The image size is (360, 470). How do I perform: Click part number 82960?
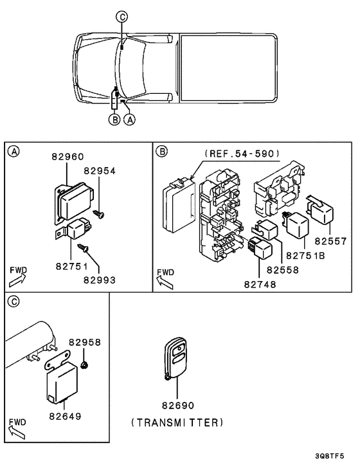point(67,157)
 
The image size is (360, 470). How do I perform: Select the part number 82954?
point(100,170)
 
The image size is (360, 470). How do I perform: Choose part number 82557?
point(330,242)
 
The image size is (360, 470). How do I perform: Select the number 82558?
point(283,271)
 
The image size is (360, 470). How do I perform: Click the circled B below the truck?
point(114,119)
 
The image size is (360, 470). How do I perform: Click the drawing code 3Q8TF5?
point(336,457)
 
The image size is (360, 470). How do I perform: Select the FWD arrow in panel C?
point(17,428)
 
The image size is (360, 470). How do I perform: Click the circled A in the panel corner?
point(12,152)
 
